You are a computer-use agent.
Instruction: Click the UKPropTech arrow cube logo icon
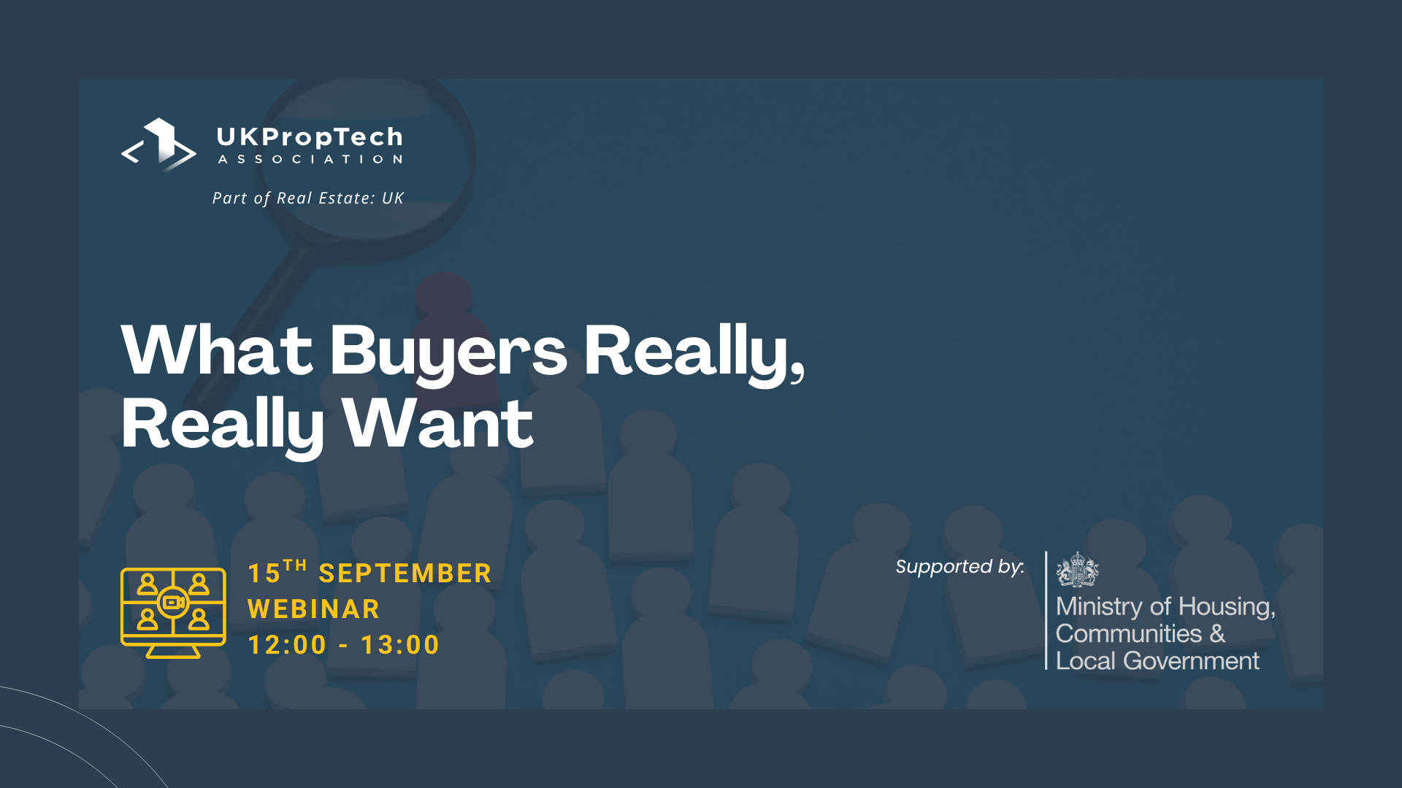[158, 144]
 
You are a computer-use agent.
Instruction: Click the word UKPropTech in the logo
[310, 137]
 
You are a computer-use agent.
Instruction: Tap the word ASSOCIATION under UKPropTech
[310, 159]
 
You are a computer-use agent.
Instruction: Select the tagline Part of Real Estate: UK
[307, 198]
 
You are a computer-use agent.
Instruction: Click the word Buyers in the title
[448, 353]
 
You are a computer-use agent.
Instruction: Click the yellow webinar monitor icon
[173, 613]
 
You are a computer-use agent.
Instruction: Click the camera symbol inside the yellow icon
[173, 603]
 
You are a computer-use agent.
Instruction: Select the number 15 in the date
[264, 573]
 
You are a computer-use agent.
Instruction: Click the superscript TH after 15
[295, 565]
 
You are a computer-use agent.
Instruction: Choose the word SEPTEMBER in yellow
[405, 573]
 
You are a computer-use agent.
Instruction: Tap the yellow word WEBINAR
[313, 609]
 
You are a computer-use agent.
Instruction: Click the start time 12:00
[287, 645]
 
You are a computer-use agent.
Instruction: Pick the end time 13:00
[400, 645]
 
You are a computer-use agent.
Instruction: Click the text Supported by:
[959, 567]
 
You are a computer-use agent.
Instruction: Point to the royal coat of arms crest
[1077, 570]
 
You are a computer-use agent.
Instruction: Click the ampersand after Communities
[1217, 633]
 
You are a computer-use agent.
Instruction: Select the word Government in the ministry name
[1191, 661]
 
